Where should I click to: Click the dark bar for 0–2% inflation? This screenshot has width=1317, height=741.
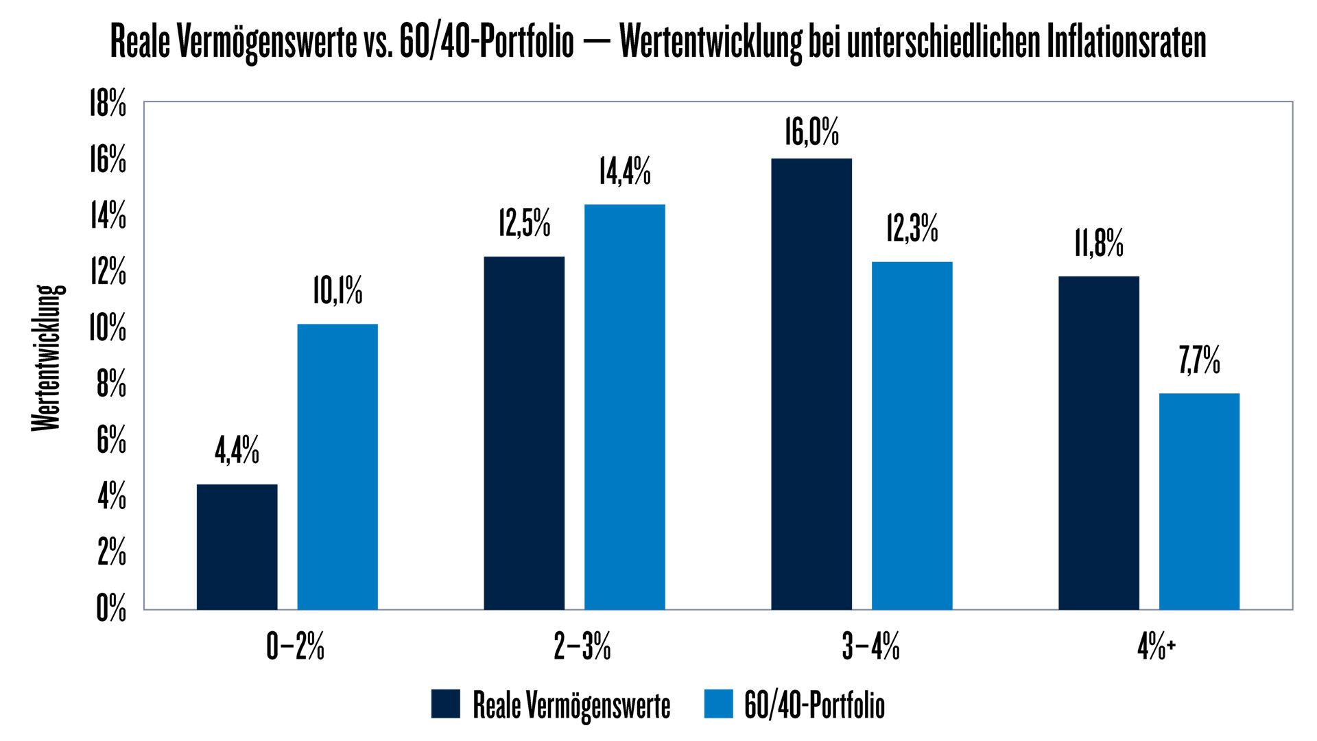click(x=237, y=547)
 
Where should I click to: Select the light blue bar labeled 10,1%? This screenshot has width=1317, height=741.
click(x=337, y=467)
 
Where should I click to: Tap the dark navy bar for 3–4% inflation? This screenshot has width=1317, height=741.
click(x=811, y=384)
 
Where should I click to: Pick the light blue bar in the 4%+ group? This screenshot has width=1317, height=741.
click(x=1199, y=501)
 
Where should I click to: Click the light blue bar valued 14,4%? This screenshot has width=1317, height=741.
click(x=624, y=407)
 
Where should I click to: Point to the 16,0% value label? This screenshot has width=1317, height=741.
click(x=811, y=132)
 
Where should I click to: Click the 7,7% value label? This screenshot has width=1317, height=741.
click(x=1199, y=361)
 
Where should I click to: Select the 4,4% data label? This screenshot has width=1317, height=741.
click(x=237, y=451)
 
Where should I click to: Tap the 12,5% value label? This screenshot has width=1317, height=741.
click(x=524, y=224)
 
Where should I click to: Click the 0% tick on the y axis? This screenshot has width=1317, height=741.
click(x=111, y=609)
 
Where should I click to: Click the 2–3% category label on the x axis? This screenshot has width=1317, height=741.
click(x=582, y=647)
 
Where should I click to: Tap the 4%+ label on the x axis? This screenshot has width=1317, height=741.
click(x=1156, y=647)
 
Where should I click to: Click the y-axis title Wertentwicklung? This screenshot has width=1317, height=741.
click(x=47, y=358)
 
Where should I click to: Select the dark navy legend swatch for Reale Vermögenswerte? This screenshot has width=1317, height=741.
click(x=445, y=704)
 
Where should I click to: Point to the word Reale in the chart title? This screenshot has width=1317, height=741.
click(x=140, y=43)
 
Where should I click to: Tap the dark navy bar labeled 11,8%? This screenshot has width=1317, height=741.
click(x=1098, y=443)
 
